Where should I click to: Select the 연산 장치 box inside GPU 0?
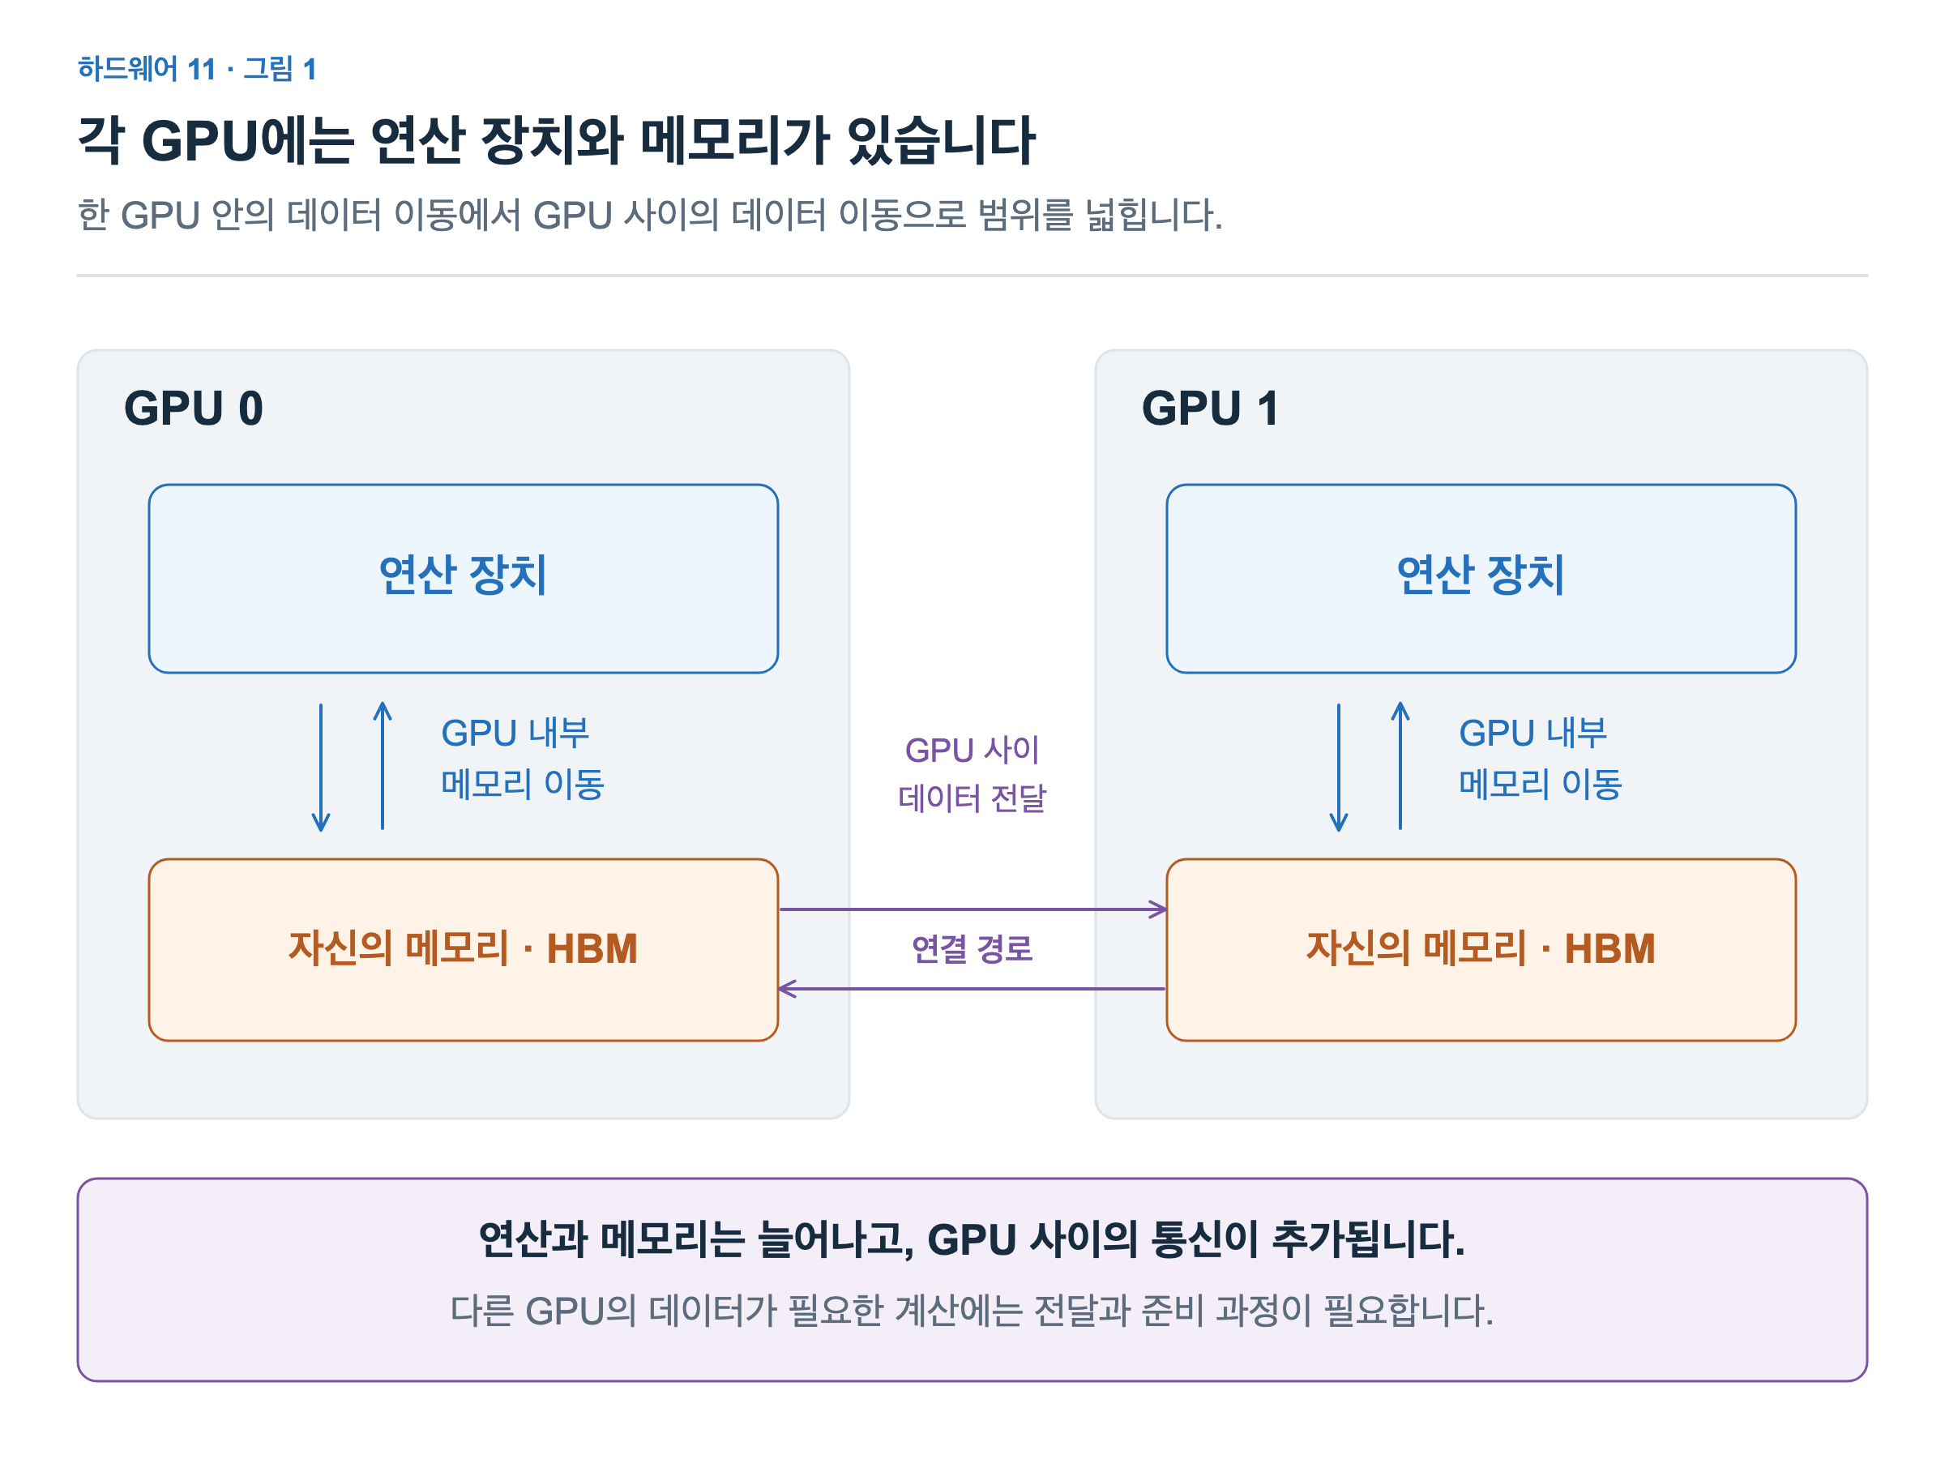464,579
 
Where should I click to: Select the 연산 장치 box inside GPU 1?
1481,579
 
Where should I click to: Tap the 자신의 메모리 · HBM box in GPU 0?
464,950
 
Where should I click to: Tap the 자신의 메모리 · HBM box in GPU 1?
1481,950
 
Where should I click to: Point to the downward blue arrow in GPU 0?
321,767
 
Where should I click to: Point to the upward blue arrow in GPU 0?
383,765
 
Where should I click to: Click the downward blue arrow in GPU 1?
1338,767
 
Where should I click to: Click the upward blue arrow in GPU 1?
1400,765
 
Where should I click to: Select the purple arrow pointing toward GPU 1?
972,909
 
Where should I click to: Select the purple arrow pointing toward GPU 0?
972,989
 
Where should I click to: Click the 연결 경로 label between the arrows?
972,949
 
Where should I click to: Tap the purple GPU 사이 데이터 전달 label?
972,774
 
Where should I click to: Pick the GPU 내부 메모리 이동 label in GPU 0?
522,758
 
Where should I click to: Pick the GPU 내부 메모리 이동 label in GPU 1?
1541,758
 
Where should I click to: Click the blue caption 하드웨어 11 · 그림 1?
197,69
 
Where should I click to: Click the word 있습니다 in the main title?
941,141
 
